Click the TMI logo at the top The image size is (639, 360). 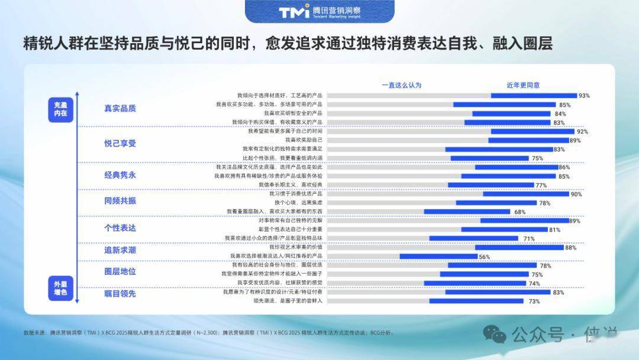pyautogui.click(x=294, y=11)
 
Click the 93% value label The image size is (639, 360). pyautogui.click(x=584, y=95)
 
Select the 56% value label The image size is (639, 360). pyautogui.click(x=485, y=257)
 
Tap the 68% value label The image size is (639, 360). pyautogui.click(x=519, y=212)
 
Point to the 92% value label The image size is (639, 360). pyautogui.click(x=582, y=131)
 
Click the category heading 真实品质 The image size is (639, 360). pyautogui.click(x=120, y=108)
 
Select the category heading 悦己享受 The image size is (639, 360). pyautogui.click(x=120, y=143)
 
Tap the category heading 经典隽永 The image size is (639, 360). pyautogui.click(x=120, y=175)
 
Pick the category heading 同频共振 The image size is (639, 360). pyautogui.click(x=120, y=201)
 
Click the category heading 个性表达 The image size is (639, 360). pyautogui.click(x=120, y=228)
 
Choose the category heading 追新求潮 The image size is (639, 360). pyautogui.click(x=120, y=250)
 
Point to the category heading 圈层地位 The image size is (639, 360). pyautogui.click(x=120, y=271)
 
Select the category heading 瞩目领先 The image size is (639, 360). pyautogui.click(x=120, y=293)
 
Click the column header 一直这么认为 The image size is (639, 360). pyautogui.click(x=401, y=85)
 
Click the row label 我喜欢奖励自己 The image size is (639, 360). pyautogui.click(x=304, y=140)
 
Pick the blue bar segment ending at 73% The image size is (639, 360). pyautogui.click(x=476, y=301)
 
